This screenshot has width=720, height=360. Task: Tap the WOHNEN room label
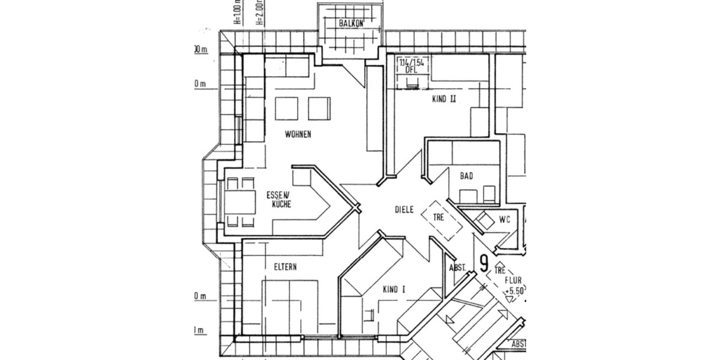[x=298, y=134]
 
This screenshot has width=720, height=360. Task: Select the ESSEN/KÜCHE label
[x=279, y=200]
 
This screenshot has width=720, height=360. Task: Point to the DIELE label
[x=404, y=210]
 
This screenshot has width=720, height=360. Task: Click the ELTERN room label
[x=286, y=267]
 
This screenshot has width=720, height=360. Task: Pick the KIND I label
[x=394, y=289]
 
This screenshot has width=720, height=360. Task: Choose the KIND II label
[x=444, y=100]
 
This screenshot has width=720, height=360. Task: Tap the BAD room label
[x=466, y=176]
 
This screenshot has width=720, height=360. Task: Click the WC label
[x=504, y=220]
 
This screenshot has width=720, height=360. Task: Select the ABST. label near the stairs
[x=457, y=268]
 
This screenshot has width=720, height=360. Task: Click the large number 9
[x=484, y=263]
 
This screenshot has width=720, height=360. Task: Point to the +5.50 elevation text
[x=515, y=290]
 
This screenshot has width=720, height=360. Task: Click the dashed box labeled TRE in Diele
[x=440, y=218]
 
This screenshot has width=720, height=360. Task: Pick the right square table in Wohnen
[x=319, y=109]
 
